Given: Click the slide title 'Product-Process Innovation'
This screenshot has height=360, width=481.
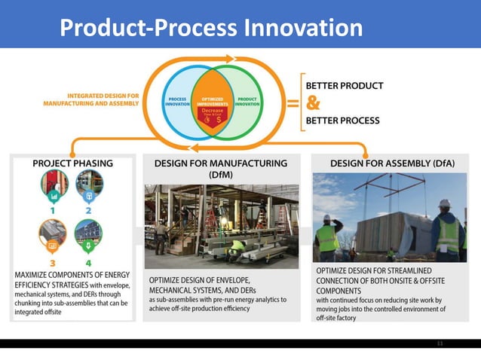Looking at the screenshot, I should (210, 28).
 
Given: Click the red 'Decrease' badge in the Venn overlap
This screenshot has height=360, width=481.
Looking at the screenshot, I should (213, 115).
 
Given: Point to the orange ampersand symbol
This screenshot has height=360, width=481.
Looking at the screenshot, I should (314, 102).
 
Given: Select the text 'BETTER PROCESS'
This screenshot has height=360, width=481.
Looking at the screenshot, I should (343, 120).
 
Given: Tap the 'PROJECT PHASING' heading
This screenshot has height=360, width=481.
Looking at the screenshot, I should (72, 163).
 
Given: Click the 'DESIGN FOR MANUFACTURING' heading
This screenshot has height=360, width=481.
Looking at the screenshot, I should (220, 163).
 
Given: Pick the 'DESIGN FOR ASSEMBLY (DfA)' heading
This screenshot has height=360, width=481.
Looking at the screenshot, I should (388, 163).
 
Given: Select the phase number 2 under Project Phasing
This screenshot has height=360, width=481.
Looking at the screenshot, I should (88, 210).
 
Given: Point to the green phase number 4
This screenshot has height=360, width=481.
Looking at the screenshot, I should (88, 263).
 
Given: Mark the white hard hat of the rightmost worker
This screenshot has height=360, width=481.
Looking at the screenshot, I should (444, 203).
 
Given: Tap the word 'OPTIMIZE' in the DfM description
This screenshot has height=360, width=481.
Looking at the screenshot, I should (169, 279).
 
